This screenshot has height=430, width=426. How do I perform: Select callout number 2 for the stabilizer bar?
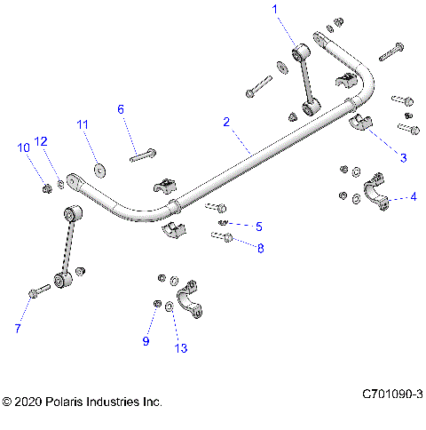(227, 121)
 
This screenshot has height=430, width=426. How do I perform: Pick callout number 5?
(258, 226)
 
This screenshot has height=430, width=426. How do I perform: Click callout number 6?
(122, 109)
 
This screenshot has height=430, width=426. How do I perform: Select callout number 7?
(16, 329)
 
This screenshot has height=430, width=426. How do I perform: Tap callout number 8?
(260, 249)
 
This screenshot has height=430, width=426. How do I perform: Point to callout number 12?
(40, 140)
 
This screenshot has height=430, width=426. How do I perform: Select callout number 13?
(181, 349)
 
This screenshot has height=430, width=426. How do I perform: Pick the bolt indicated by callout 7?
(39, 291)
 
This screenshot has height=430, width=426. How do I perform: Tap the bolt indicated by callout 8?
(222, 236)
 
